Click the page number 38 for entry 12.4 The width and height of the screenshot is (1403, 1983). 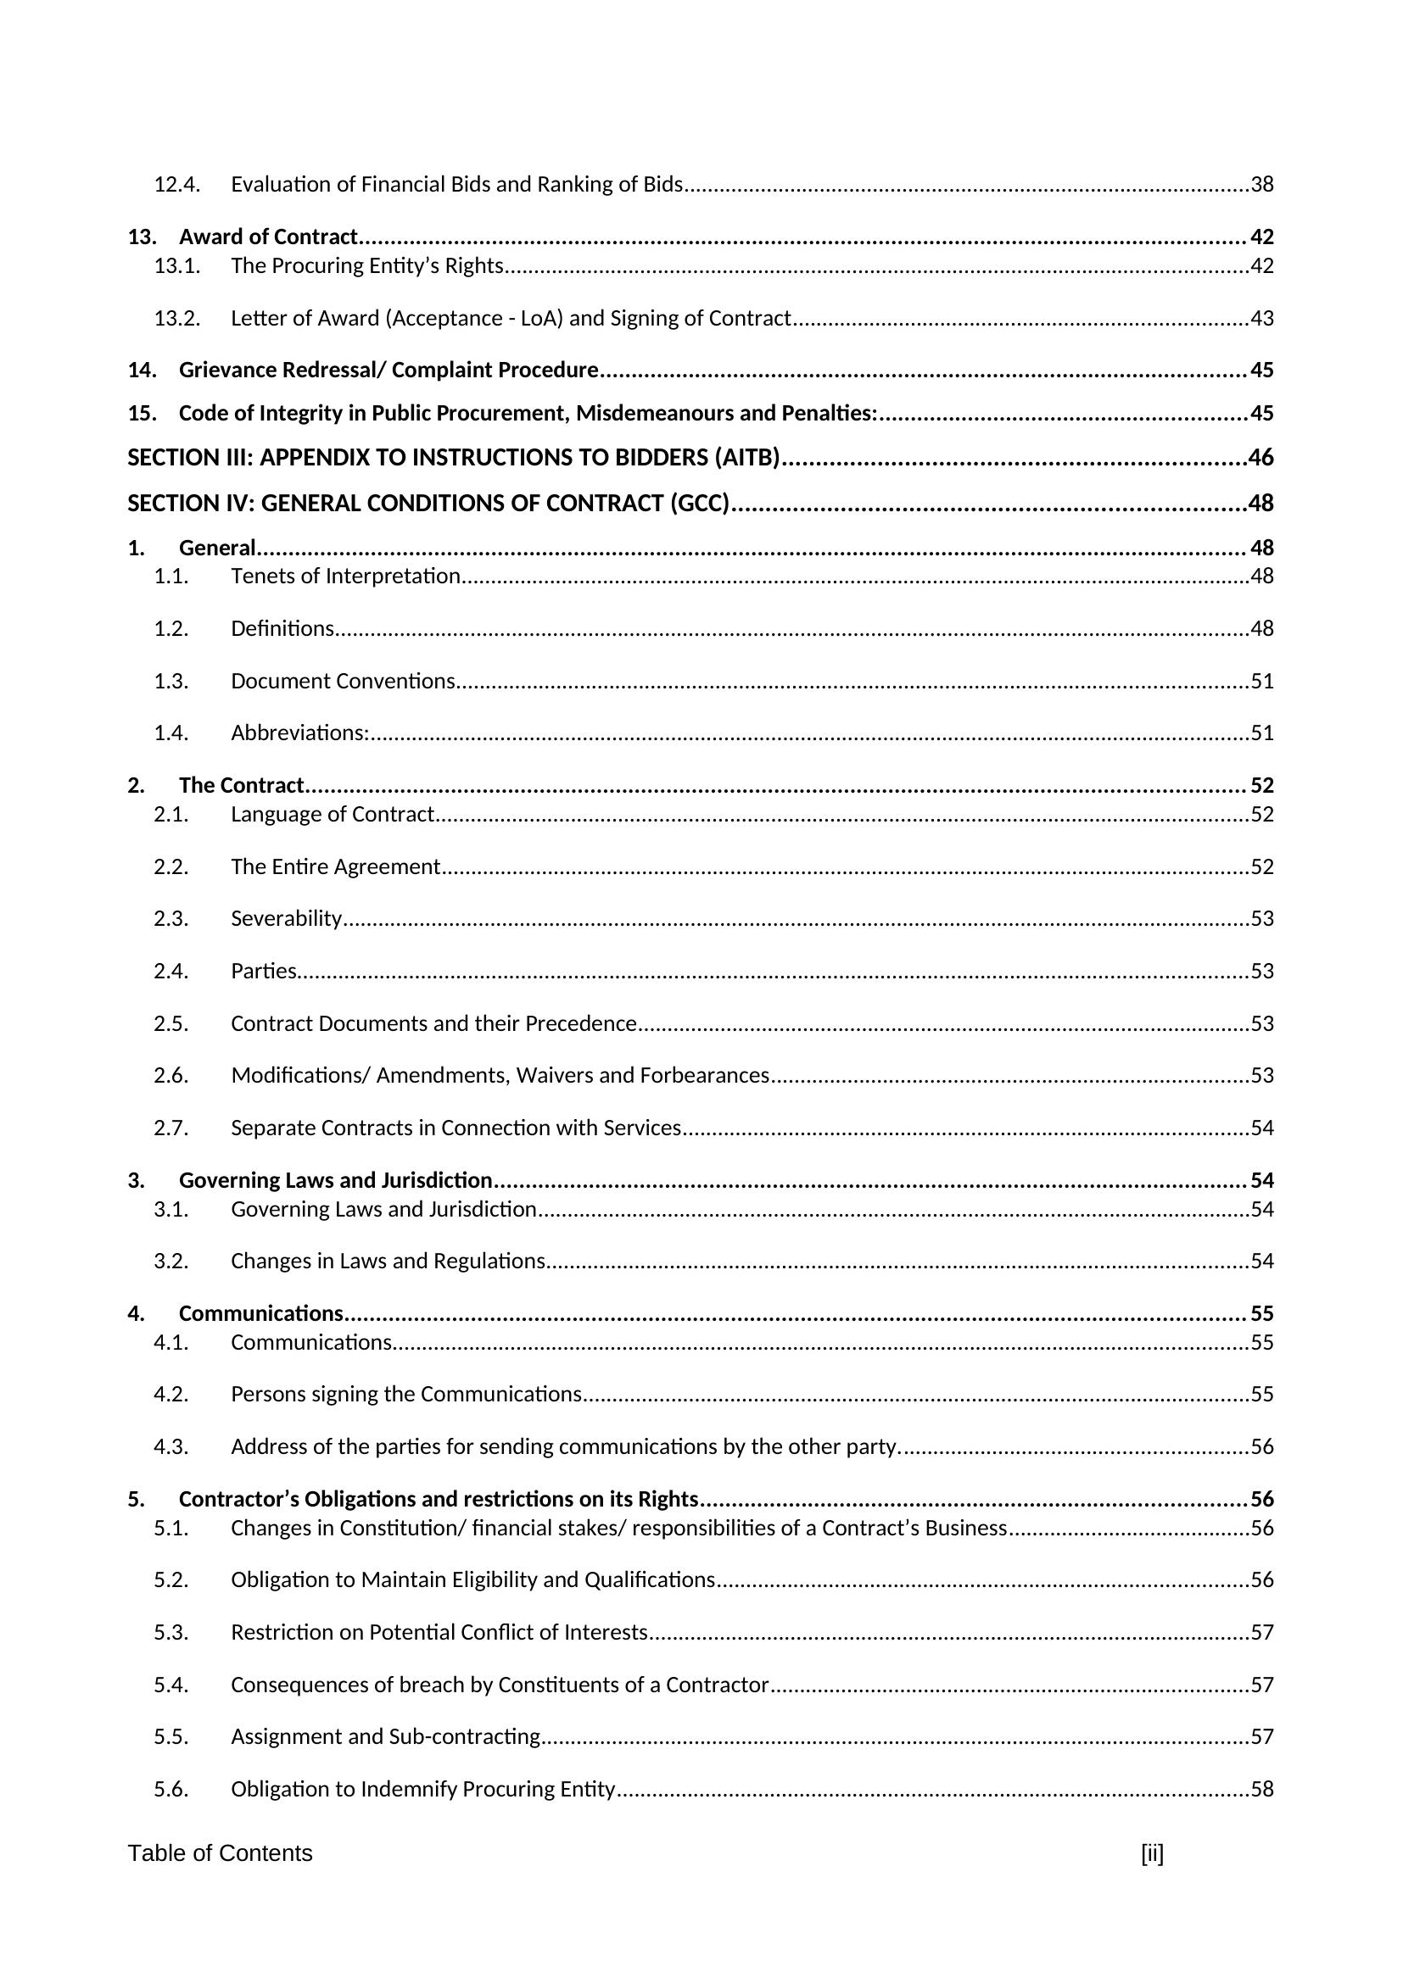pyautogui.click(x=1261, y=185)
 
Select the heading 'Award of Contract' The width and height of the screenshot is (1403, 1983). pyautogui.click(x=268, y=237)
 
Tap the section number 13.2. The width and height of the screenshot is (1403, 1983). pyautogui.click(x=177, y=319)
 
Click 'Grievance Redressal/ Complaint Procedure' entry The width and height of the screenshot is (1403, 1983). pyautogui.click(x=388, y=370)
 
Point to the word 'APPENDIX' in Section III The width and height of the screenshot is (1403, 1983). pyautogui.click(x=316, y=458)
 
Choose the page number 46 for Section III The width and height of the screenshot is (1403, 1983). pyautogui.click(x=1260, y=458)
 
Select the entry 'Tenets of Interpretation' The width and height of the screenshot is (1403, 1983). pyautogui.click(x=344, y=576)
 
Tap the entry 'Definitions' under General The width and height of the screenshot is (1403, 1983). pyautogui.click(x=282, y=629)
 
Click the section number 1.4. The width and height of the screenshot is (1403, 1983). pyautogui.click(x=171, y=733)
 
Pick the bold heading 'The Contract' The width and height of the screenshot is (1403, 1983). pyautogui.click(x=241, y=785)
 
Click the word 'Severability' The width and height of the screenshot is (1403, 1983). pyautogui.click(x=286, y=918)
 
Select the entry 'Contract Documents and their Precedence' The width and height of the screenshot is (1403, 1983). pyautogui.click(x=433, y=1023)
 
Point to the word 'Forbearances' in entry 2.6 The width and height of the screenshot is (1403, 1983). pyautogui.click(x=704, y=1075)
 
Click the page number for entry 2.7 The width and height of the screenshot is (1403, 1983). pyautogui.click(x=1261, y=1128)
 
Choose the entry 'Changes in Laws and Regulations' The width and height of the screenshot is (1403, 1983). pyautogui.click(x=387, y=1261)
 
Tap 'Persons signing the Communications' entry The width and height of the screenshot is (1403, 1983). pyautogui.click(x=405, y=1394)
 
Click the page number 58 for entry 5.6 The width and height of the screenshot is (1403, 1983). pyautogui.click(x=1261, y=1789)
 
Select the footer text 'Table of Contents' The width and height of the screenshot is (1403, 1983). pyautogui.click(x=221, y=1853)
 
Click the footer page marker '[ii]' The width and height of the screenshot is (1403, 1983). pyautogui.click(x=1152, y=1853)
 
